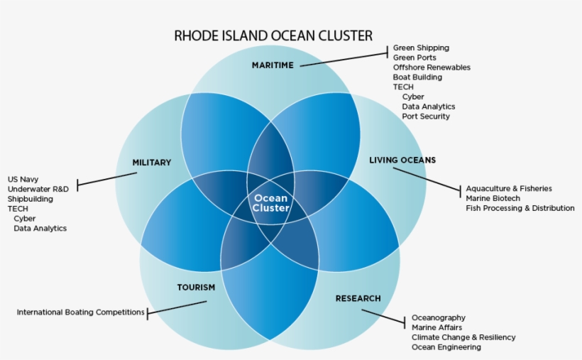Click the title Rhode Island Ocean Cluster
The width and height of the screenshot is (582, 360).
(273, 36)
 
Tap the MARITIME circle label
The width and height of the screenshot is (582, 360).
(273, 65)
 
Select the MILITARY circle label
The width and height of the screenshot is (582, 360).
(152, 163)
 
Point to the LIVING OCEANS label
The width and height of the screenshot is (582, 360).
(402, 160)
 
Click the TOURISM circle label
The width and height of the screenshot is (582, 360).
(196, 288)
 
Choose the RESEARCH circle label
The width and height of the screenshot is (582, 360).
(358, 299)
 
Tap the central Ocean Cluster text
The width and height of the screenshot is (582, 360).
(271, 203)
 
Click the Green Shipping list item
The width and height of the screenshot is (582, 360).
(422, 48)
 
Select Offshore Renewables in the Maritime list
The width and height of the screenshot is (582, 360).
(432, 67)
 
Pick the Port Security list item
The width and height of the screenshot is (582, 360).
(426, 116)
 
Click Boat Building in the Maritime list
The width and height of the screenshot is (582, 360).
(417, 77)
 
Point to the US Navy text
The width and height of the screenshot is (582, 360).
(23, 180)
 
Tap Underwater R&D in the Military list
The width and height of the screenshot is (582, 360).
(38, 189)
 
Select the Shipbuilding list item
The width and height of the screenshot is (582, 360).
(31, 199)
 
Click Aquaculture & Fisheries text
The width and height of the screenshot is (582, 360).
(509, 189)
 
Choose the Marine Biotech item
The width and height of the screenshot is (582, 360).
(493, 198)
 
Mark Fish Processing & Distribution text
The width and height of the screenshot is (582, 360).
(520, 208)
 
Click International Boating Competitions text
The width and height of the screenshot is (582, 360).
(80, 312)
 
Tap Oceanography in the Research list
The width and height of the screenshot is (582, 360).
(439, 317)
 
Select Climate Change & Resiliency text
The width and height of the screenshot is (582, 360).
(463, 337)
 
